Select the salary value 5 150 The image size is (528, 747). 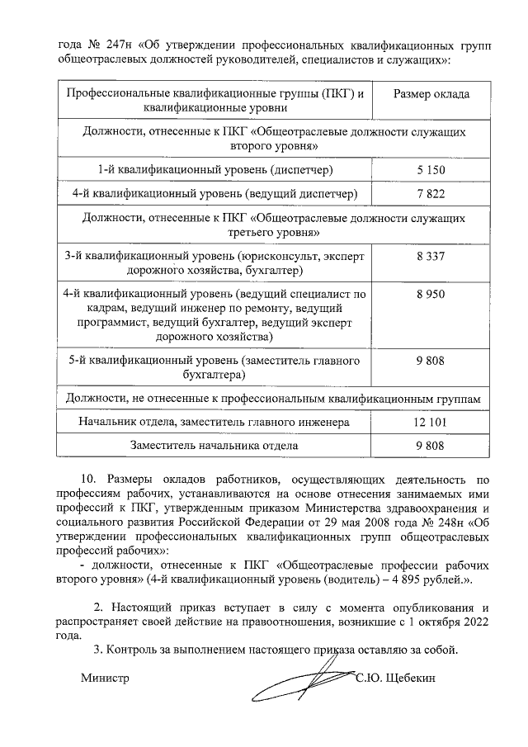[x=431, y=169]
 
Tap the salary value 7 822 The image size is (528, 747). [x=431, y=194]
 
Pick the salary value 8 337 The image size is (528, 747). [x=431, y=257]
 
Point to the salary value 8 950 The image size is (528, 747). [x=431, y=293]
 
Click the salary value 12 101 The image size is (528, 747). [x=431, y=422]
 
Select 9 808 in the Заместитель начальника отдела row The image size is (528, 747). [x=431, y=446]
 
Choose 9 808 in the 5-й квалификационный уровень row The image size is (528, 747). [x=431, y=361]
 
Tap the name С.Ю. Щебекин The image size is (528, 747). [x=394, y=678]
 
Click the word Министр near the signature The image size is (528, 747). [x=106, y=678]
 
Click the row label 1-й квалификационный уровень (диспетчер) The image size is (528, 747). [x=215, y=169]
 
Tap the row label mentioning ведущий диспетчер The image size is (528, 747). [x=215, y=194]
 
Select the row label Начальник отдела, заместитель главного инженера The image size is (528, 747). [x=214, y=422]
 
